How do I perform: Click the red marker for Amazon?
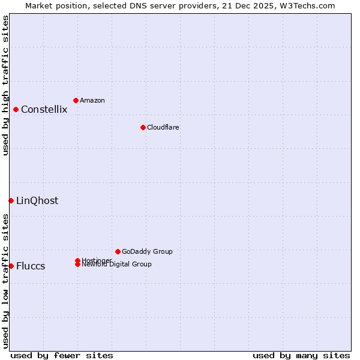pos(76,100)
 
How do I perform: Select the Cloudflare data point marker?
pos(143,127)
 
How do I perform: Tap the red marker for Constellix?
pos(16,109)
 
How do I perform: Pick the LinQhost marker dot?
pos(11,200)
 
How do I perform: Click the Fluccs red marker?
pos(11,266)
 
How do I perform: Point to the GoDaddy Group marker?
pos(118,251)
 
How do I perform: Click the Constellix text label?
pos(44,109)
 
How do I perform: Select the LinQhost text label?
pos(37,200)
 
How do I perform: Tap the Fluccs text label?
pos(31,266)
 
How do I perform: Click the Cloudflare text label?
pos(163,127)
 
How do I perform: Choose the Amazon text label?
pos(92,100)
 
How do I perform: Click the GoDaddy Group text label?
pos(147,251)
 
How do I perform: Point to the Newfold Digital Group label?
pos(117,265)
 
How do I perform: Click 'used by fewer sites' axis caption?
pos(62,355)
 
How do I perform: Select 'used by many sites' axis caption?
pos(301,355)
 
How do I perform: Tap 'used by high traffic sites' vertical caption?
pos(5,85)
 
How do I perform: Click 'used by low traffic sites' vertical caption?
pos(5,281)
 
